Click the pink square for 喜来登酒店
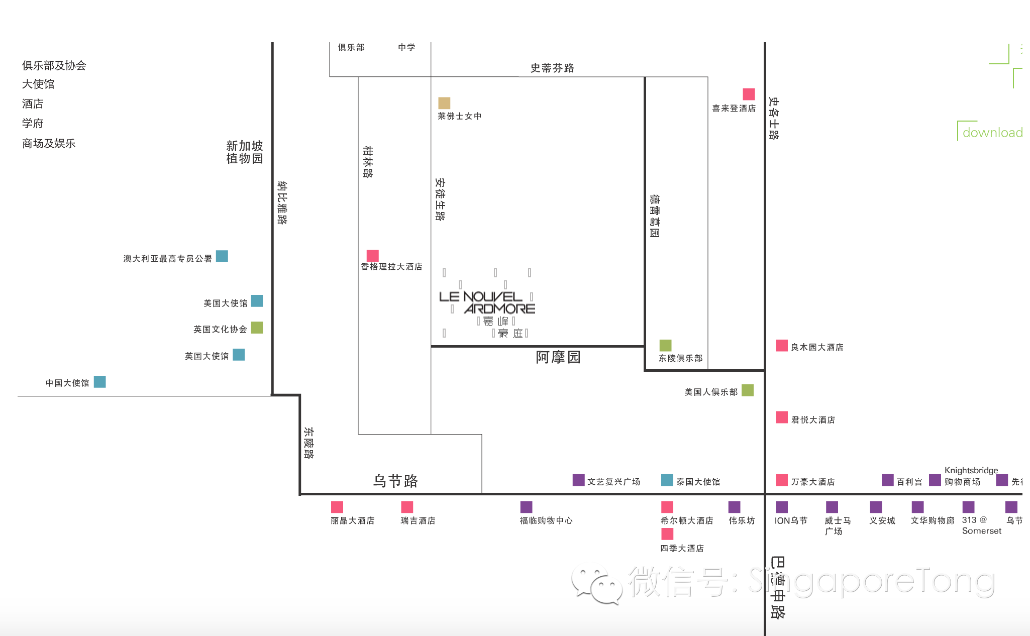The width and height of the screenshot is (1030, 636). pyautogui.click(x=749, y=94)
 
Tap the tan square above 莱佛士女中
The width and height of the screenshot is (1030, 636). pyautogui.click(x=444, y=103)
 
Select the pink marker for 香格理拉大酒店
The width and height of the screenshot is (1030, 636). pyautogui.click(x=372, y=255)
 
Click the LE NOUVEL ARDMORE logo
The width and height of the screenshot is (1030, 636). pyautogui.click(x=487, y=303)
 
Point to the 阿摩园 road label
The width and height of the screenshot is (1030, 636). pyautogui.click(x=558, y=357)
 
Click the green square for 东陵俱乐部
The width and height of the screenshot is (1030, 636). pyautogui.click(x=665, y=345)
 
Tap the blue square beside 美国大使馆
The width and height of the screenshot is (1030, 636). pyautogui.click(x=257, y=301)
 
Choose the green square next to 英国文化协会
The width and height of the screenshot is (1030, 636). pyautogui.click(x=257, y=328)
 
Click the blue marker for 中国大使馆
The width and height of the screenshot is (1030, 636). pyautogui.click(x=100, y=382)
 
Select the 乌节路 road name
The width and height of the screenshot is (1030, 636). pyautogui.click(x=395, y=481)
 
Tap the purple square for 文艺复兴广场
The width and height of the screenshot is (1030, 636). pyautogui.click(x=578, y=480)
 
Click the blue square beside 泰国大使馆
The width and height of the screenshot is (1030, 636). pyautogui.click(x=667, y=480)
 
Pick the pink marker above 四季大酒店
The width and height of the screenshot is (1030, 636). pyautogui.click(x=667, y=534)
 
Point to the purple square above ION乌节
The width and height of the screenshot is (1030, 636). pyautogui.click(x=782, y=507)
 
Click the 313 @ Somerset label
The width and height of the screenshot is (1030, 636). pyautogui.click(x=981, y=525)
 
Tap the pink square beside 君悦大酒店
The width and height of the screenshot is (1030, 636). pyautogui.click(x=781, y=417)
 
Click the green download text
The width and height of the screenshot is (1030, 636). pyautogui.click(x=992, y=133)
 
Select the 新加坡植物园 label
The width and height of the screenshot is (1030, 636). pyautogui.click(x=244, y=152)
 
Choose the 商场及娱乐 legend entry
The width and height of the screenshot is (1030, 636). pyautogui.click(x=49, y=144)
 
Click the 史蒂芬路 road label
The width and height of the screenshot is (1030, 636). pyautogui.click(x=552, y=68)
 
